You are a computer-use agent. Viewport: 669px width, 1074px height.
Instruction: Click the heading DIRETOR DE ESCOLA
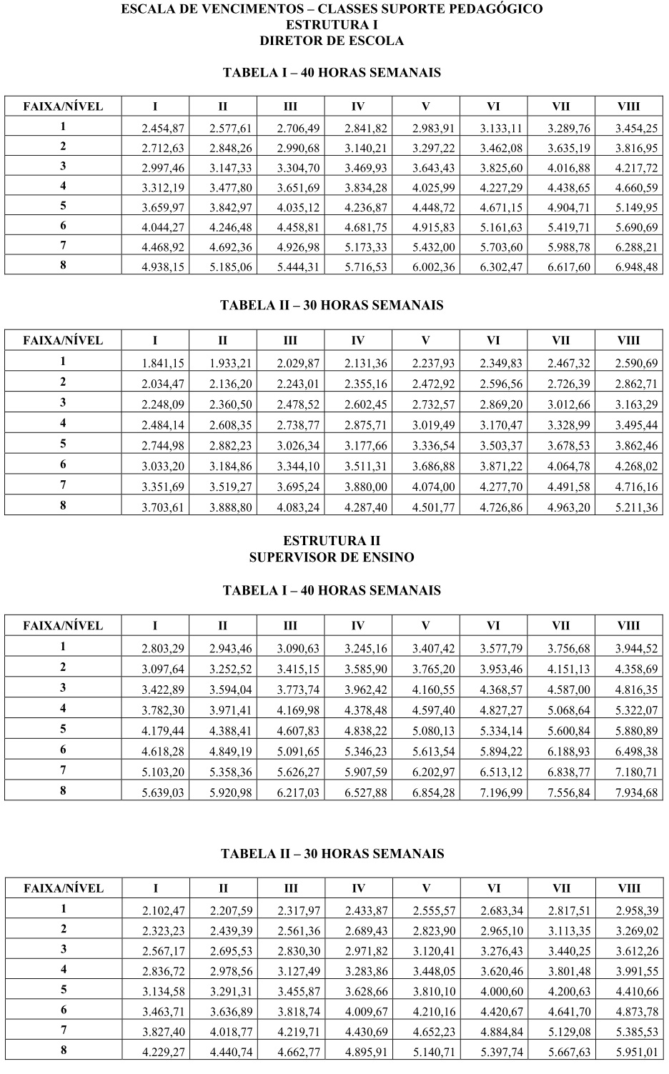(x=332, y=41)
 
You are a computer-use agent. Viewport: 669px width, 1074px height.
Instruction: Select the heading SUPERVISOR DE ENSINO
(x=332, y=557)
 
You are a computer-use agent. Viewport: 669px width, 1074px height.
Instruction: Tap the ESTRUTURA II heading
(x=332, y=541)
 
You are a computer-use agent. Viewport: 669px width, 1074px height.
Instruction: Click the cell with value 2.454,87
(x=164, y=129)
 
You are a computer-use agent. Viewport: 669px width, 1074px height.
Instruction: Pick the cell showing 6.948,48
(x=636, y=268)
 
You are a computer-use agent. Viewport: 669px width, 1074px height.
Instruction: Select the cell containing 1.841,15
(x=164, y=363)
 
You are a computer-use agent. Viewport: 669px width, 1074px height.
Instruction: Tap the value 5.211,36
(x=636, y=508)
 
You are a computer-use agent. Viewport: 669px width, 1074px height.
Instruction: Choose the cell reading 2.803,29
(x=164, y=649)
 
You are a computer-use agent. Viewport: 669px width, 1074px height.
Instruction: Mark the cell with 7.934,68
(x=636, y=792)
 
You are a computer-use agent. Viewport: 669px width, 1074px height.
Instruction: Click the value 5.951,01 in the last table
(x=636, y=1052)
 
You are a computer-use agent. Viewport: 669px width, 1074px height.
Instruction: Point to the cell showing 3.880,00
(x=366, y=488)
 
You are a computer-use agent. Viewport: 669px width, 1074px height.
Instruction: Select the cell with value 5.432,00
(x=434, y=248)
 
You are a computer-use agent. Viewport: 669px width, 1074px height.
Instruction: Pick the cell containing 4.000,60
(x=502, y=990)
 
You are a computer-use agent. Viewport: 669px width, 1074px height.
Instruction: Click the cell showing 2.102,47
(x=164, y=910)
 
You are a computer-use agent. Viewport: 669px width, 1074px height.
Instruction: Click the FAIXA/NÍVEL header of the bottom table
(x=63, y=888)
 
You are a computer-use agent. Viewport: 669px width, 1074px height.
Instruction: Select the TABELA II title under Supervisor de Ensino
(x=332, y=854)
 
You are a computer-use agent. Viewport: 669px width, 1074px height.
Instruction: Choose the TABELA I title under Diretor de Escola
(x=332, y=73)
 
